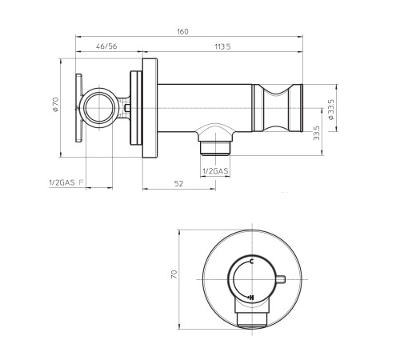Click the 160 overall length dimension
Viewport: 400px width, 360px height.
[182, 31]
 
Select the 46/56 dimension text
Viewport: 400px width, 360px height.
[106, 46]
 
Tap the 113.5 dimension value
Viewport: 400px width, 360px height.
[222, 46]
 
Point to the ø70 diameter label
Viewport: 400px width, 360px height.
[56, 104]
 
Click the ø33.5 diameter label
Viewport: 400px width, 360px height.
[331, 110]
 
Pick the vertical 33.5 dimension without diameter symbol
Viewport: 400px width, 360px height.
[317, 133]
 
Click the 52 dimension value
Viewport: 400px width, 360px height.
[178, 183]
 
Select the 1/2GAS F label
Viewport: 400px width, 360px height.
[66, 182]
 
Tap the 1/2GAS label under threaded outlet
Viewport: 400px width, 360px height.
[215, 171]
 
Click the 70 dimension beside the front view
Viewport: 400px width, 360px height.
[174, 274]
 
